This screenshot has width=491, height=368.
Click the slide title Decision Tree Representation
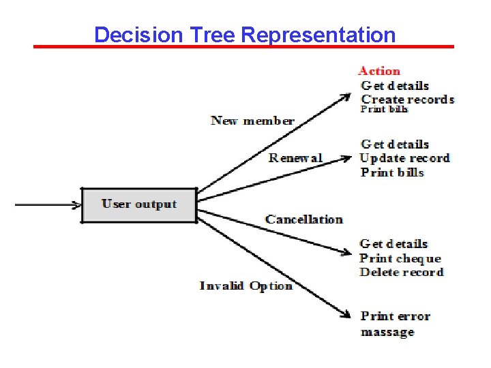(245, 34)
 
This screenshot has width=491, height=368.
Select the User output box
(139, 204)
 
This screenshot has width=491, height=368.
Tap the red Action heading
(379, 71)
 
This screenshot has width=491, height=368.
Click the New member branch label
(252, 121)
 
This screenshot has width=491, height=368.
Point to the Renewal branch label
(295, 158)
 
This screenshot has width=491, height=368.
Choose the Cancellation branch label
(304, 219)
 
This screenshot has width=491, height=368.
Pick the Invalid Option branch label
(246, 286)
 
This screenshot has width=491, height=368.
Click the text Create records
(407, 99)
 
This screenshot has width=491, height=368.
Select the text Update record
(404, 158)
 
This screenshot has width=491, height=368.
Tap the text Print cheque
(400, 258)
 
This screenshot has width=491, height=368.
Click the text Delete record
(402, 272)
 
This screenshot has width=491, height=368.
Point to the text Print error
(396, 316)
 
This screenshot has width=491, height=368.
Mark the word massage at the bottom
(387, 333)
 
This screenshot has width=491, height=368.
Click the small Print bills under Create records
(384, 109)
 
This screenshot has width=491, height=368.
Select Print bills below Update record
(392, 172)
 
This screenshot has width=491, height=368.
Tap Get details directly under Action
(395, 86)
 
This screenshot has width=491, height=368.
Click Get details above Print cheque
(393, 244)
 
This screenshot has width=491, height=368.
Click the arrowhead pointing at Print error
(346, 314)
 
